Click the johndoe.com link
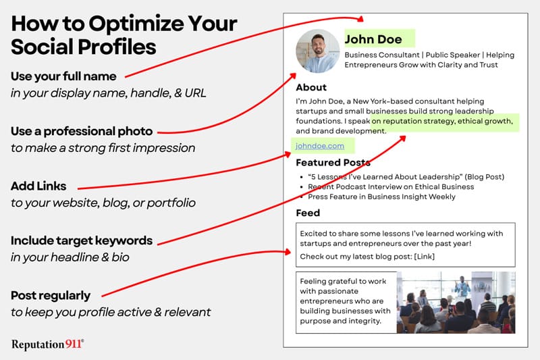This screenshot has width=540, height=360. click(x=319, y=146)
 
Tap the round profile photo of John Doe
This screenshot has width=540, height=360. click(x=318, y=51)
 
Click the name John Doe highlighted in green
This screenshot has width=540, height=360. click(x=373, y=39)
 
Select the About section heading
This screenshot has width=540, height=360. click(x=311, y=87)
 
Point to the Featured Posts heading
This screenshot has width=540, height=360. click(x=333, y=162)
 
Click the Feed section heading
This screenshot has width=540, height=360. click(x=308, y=213)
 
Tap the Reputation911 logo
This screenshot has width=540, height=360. click(x=47, y=344)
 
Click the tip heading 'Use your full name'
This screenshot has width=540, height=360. click(x=63, y=76)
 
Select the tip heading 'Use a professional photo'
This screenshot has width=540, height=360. click(x=82, y=131)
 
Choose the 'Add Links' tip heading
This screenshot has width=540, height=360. click(x=38, y=186)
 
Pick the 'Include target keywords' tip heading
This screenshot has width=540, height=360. click(x=82, y=240)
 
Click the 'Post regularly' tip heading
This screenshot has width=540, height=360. click(x=51, y=296)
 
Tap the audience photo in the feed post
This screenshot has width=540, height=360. click(x=456, y=303)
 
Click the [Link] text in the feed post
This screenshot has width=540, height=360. click(x=425, y=256)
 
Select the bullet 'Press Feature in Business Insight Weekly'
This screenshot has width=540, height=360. click(x=381, y=197)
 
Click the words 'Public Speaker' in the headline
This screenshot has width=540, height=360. click(x=452, y=55)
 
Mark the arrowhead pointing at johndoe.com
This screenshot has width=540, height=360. click(x=288, y=155)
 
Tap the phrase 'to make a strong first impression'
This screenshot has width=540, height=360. click(x=103, y=148)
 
